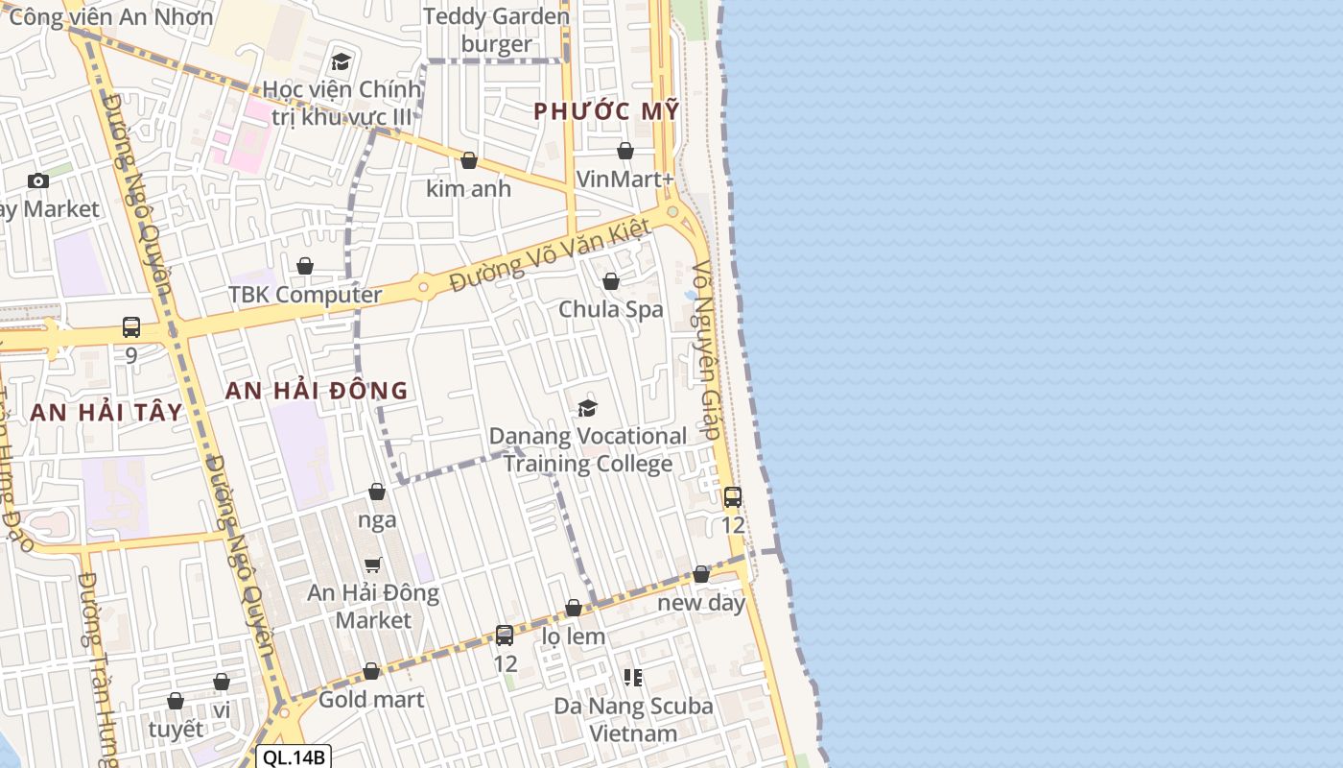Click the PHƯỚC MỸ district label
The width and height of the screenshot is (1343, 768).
(x=606, y=111)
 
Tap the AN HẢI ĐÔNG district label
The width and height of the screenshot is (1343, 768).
(x=317, y=391)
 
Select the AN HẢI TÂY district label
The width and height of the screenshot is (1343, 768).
(x=106, y=413)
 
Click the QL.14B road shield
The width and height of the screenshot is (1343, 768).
(x=295, y=757)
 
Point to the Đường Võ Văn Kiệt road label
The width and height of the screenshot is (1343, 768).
(x=551, y=255)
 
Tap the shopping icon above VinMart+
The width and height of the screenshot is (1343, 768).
(x=625, y=151)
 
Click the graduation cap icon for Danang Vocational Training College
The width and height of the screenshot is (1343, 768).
(x=588, y=409)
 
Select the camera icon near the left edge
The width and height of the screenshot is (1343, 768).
(x=38, y=180)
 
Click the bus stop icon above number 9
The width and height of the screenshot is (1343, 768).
(x=131, y=327)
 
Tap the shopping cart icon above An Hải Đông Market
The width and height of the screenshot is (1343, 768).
(x=373, y=564)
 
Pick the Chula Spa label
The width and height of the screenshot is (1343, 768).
(x=611, y=309)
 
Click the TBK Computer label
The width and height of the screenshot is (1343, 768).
(x=305, y=295)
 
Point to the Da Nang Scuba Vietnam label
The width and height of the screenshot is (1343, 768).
(x=633, y=720)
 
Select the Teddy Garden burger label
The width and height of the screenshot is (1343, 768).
(x=496, y=30)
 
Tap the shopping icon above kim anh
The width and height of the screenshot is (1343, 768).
(x=469, y=160)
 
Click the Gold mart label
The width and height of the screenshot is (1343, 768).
(x=371, y=700)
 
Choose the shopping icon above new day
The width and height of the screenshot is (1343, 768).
(x=701, y=574)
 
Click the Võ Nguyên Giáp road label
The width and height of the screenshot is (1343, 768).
(x=707, y=350)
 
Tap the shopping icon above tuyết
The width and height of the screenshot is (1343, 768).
(x=176, y=702)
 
